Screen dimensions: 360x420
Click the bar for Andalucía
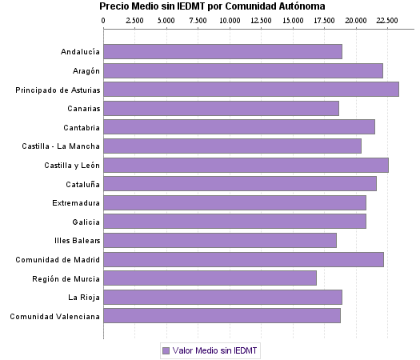click(222, 52)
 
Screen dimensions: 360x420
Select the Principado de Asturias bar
click(250, 90)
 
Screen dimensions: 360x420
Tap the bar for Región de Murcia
click(210, 278)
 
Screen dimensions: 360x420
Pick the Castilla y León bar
click(246, 165)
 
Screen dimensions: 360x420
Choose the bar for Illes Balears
click(220, 240)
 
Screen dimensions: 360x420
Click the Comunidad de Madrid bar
click(243, 259)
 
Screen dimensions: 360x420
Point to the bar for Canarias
click(221, 108)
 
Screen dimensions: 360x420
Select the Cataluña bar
click(240, 184)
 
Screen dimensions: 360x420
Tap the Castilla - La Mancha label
click(62, 146)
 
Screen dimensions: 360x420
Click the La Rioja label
click(84, 298)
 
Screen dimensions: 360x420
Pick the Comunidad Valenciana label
click(55, 316)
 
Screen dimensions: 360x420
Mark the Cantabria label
click(82, 127)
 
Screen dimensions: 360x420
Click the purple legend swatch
click(166, 350)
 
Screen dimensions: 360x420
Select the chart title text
click(212, 6)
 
